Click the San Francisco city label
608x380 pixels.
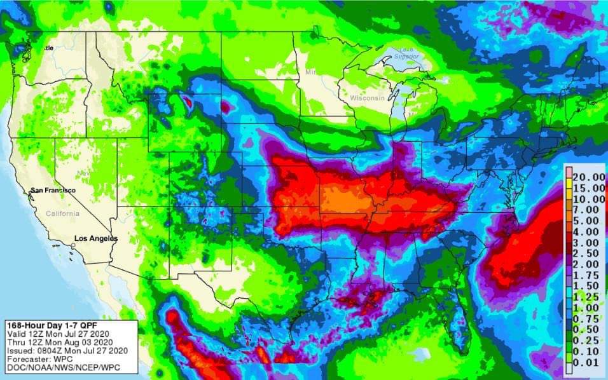click(x=53, y=191)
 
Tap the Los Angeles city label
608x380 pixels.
click(x=96, y=238)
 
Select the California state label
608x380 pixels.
click(x=62, y=214)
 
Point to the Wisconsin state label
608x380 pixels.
click(x=367, y=98)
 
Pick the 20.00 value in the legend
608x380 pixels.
click(x=588, y=176)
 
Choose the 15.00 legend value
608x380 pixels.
click(x=588, y=187)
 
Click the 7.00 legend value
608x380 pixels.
click(x=588, y=209)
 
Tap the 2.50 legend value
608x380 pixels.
click(x=588, y=254)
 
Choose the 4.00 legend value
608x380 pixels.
click(x=588, y=231)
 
